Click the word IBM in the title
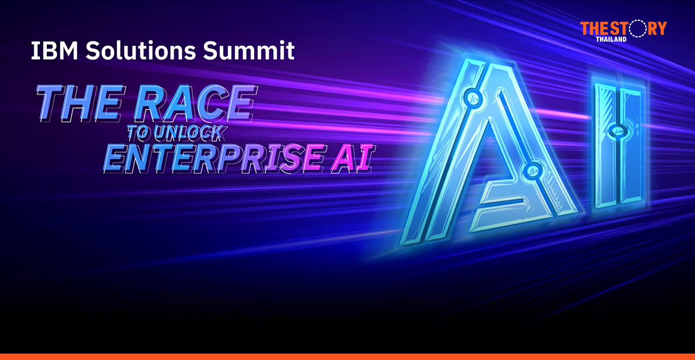pos(54,50)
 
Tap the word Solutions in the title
pos(141,50)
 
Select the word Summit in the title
pos(249,50)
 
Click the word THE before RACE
pos(81,103)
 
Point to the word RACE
pos(196,103)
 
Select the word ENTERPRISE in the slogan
pos(215,159)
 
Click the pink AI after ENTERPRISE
pos(353,159)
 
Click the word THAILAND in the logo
pos(611,39)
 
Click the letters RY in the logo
pos(657,28)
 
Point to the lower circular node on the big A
pos(534,170)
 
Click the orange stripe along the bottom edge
pos(348,357)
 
